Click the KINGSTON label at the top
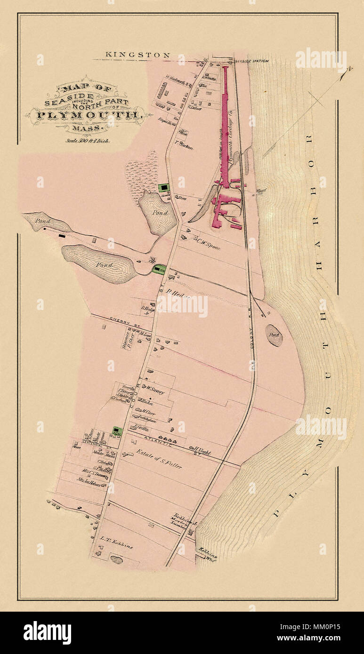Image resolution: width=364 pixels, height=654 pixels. click(x=138, y=55)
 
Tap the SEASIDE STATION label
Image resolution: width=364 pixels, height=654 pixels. click(x=252, y=61)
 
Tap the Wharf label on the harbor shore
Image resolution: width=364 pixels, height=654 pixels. click(x=262, y=191)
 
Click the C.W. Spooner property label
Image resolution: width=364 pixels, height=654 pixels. click(x=206, y=244)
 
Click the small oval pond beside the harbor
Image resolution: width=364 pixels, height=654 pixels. click(x=274, y=335)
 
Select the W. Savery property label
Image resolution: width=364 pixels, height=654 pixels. click(x=154, y=389)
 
